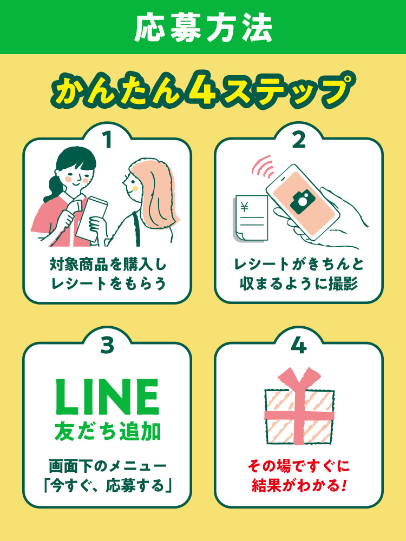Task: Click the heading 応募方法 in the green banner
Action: (x=203, y=28)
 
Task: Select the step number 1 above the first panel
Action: (x=107, y=140)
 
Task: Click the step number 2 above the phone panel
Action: (x=299, y=140)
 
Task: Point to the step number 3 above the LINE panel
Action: (x=107, y=345)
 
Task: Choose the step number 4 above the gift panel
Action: (x=299, y=345)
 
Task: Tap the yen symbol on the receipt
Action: (x=245, y=207)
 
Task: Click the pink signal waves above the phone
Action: (x=263, y=166)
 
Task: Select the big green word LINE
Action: (x=107, y=397)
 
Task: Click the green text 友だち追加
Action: (x=107, y=431)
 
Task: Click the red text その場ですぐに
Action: (x=299, y=466)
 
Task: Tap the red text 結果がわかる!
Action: (x=299, y=485)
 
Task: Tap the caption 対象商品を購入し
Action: (x=108, y=265)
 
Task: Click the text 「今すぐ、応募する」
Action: (x=107, y=486)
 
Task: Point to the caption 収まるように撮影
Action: (x=299, y=285)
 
